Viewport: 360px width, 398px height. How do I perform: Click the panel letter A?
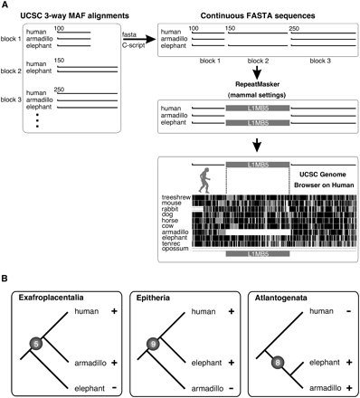(x=6, y=6)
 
